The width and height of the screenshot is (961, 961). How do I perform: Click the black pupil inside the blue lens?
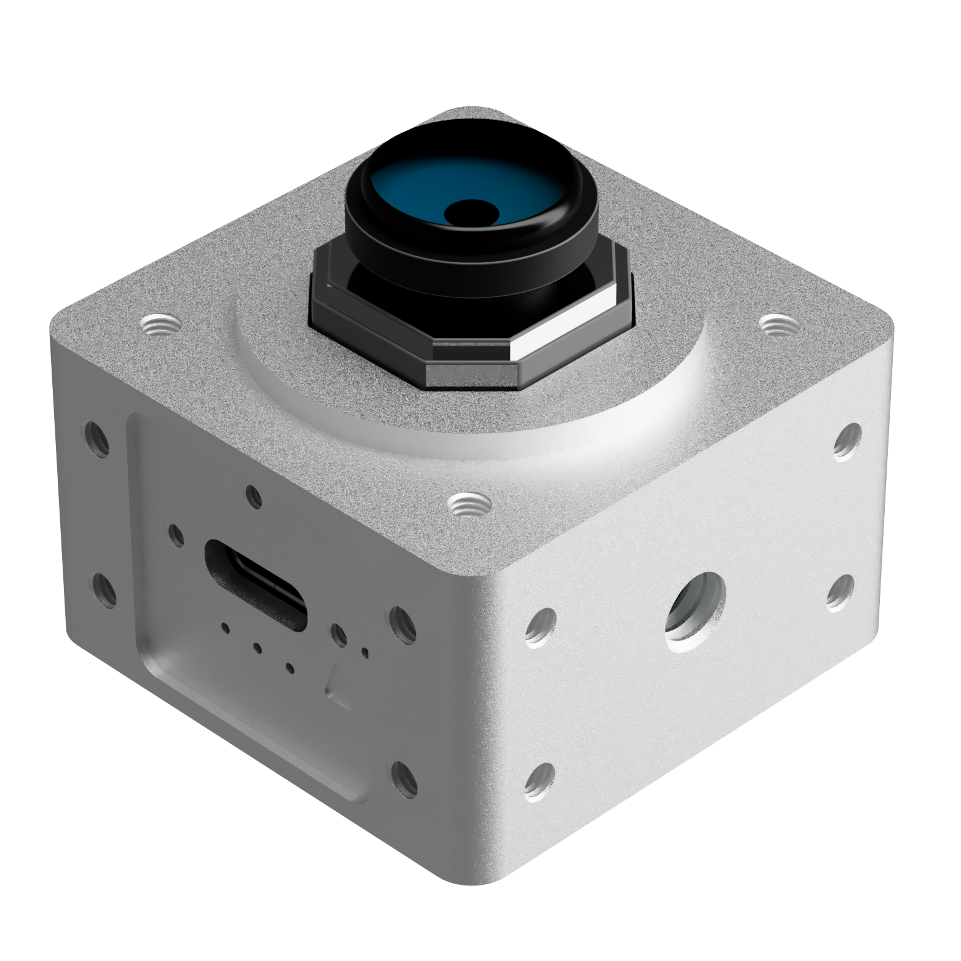click(x=471, y=213)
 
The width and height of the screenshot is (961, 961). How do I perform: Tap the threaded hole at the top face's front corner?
click(x=465, y=506)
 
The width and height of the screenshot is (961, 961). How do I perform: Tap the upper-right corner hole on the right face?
click(x=849, y=441)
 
